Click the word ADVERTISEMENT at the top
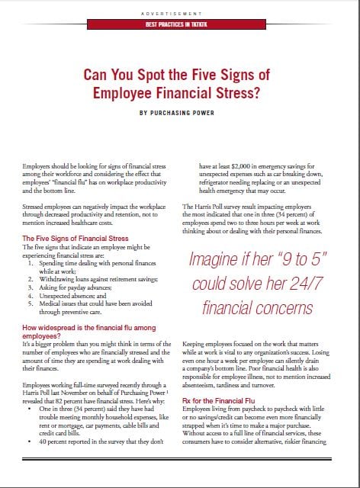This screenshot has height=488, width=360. [x=180, y=14]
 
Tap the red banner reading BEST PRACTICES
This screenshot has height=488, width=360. [x=180, y=25]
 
